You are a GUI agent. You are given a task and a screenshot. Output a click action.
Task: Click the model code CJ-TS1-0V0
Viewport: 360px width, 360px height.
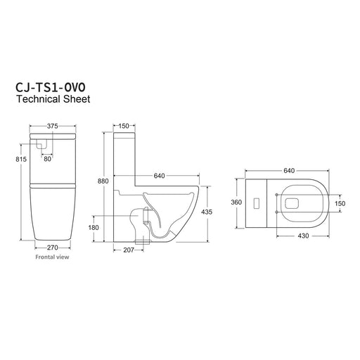(x=51, y=87)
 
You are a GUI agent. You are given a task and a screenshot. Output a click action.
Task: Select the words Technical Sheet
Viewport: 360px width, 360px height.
(x=53, y=99)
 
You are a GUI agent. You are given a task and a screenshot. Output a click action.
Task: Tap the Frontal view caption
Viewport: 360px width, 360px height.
(x=52, y=257)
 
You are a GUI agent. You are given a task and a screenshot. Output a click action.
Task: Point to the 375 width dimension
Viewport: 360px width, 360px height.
(x=53, y=126)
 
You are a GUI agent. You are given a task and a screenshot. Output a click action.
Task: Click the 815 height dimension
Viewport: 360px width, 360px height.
(x=21, y=159)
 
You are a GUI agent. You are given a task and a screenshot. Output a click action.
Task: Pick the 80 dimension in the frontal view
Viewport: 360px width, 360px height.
(x=47, y=159)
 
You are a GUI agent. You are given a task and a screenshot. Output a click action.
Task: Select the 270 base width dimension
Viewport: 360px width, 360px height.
(x=53, y=247)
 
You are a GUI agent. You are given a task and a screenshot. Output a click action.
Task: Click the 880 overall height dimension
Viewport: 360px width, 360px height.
(x=103, y=181)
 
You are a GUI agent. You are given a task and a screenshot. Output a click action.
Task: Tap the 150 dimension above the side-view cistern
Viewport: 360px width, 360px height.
(x=124, y=126)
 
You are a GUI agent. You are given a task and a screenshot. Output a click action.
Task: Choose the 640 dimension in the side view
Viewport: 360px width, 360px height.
(x=160, y=176)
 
